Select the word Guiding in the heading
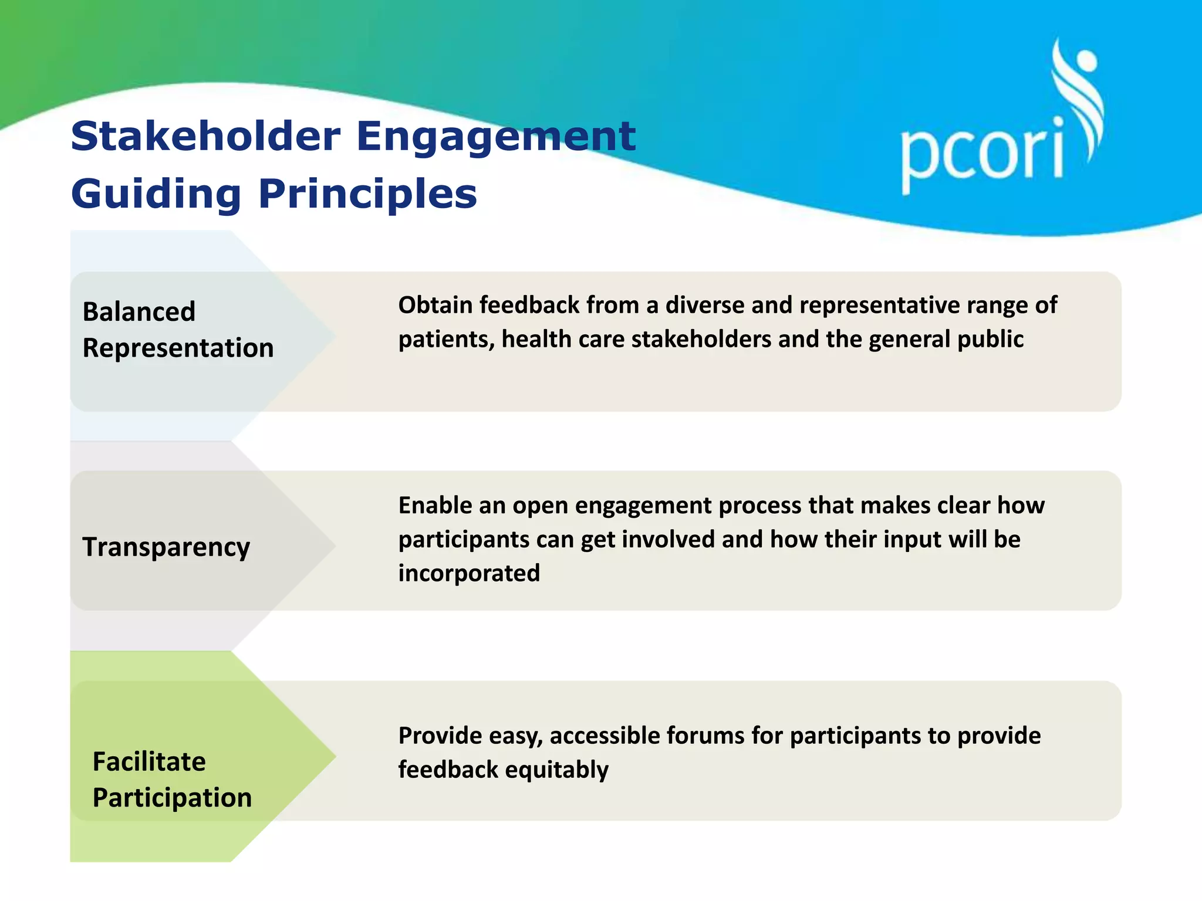coord(156,194)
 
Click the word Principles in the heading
coord(367,194)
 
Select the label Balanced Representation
coord(178,330)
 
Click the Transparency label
coord(166,547)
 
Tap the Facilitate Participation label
coord(172,780)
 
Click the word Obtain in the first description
coord(435,306)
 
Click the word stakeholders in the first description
coord(701,340)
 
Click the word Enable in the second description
coord(435,506)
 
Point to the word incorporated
coord(469,573)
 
